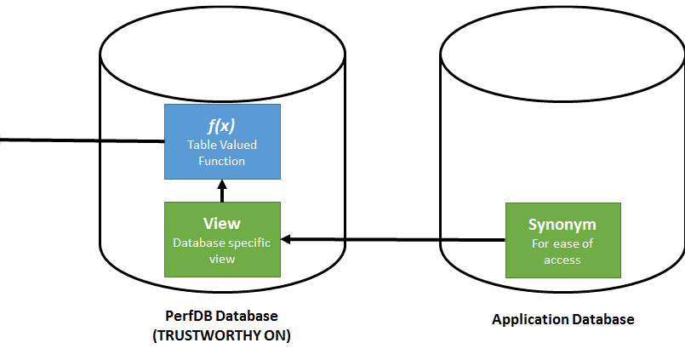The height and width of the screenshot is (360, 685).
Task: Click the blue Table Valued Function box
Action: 221,141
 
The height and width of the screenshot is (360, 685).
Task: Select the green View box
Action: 221,239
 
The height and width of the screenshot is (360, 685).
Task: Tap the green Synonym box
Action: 562,240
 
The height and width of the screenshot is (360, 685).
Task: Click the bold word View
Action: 221,224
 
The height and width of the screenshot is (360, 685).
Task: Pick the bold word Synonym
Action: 562,226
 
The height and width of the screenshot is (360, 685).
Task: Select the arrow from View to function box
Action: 221,192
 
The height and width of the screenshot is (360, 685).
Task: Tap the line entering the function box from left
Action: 81,140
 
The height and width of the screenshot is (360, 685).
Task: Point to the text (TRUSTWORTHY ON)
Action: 221,335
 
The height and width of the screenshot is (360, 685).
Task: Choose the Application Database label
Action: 562,320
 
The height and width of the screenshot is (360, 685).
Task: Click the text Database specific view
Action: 221,250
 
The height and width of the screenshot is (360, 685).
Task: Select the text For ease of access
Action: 562,252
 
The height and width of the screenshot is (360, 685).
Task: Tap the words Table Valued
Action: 221,145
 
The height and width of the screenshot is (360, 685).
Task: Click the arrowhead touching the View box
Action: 287,240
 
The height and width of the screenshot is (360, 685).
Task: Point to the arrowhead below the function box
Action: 221,184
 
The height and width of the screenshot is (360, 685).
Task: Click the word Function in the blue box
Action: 221,161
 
